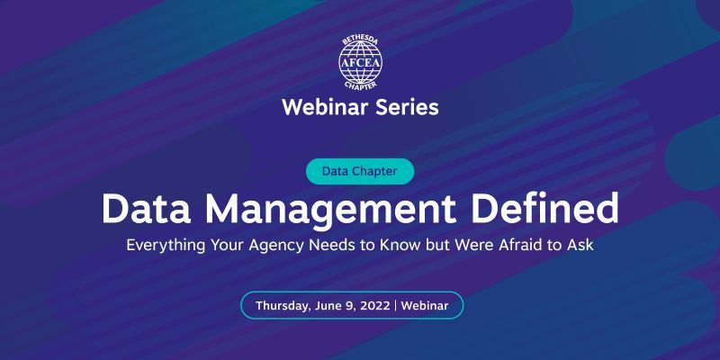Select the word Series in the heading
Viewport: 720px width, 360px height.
tap(405, 108)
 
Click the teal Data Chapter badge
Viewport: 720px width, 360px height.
tap(360, 170)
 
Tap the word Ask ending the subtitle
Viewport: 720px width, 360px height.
tap(580, 244)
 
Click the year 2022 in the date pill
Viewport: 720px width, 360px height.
tap(373, 305)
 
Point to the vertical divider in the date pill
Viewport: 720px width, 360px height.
tap(395, 305)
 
